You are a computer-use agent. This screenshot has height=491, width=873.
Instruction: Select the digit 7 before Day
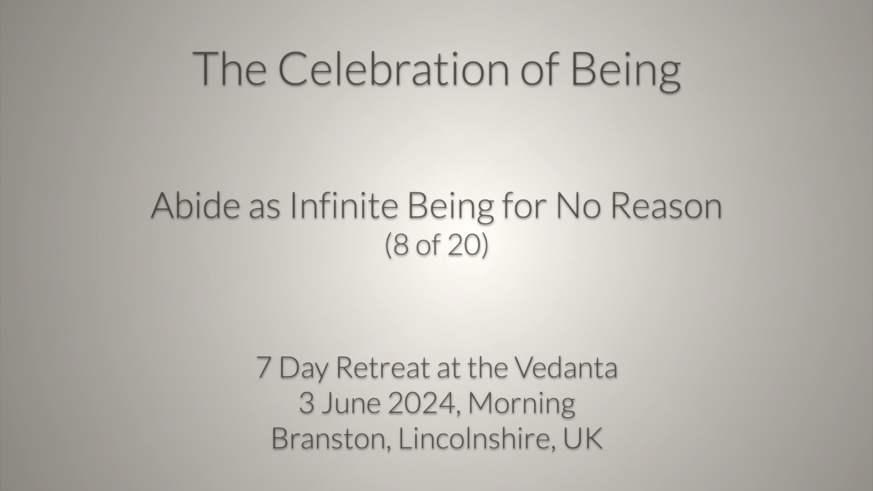(263, 368)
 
